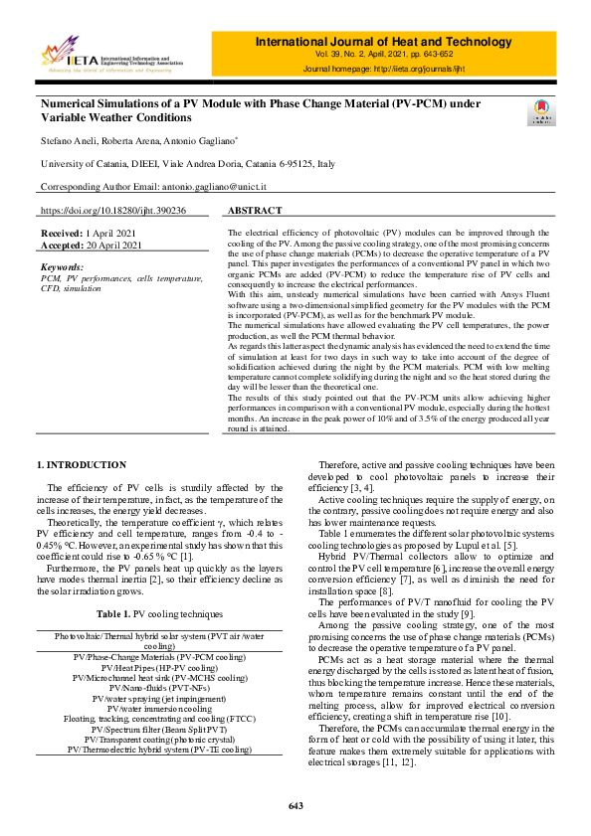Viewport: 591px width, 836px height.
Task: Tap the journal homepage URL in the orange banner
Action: point(440,70)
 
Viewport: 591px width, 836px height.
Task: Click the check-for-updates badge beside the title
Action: point(541,111)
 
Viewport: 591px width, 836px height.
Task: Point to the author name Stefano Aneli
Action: point(68,141)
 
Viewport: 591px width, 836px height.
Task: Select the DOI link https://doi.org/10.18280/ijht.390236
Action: point(112,211)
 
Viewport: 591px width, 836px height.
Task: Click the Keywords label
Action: point(63,267)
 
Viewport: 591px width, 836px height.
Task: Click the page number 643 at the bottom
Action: point(295,805)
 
